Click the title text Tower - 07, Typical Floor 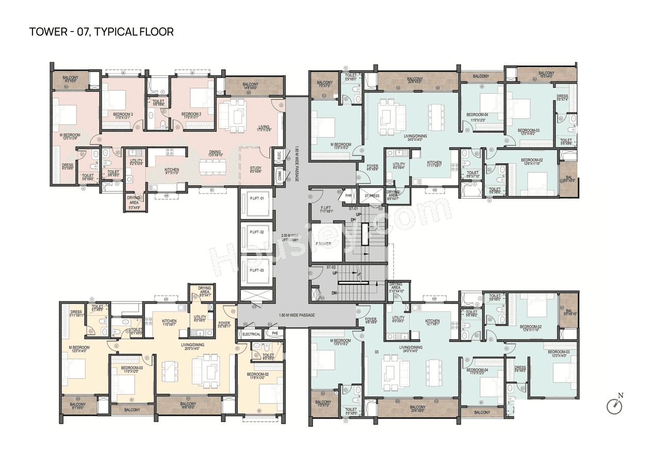coord(102,32)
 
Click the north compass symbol coord(615,406)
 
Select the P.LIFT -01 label coord(256,199)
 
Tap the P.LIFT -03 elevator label coord(256,270)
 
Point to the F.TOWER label coord(324,244)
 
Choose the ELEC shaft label coord(278,153)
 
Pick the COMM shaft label coord(279,175)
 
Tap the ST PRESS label coord(372,196)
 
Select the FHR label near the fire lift coord(349,196)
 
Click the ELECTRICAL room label coord(251,334)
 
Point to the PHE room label coord(274,334)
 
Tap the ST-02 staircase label coord(331,267)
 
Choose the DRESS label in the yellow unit coord(76,312)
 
